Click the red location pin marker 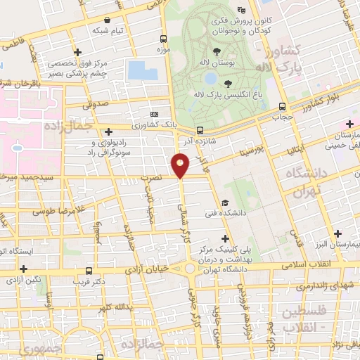pos(181,166)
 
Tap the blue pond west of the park pos(143,70)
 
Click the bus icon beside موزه pos(163,39)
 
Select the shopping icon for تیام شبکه pos(106,20)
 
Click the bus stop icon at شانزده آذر pos(200,130)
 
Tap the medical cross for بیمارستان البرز pos(337,232)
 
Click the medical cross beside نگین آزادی pos(24,268)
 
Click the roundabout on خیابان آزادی pos(189,269)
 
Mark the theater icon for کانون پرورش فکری pos(242,10)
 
